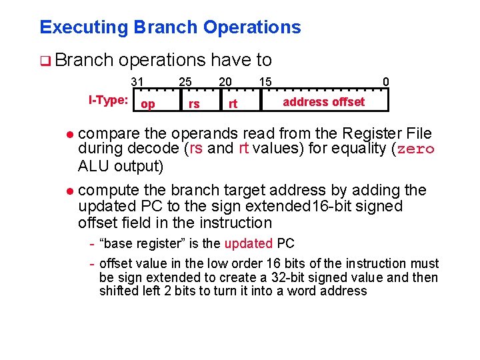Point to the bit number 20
tap(226, 82)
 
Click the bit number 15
tap(265, 82)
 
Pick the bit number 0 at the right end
tap(386, 82)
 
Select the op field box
tap(149, 104)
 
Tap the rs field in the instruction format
tap(194, 104)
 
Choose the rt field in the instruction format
tap(233, 104)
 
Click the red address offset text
tap(323, 101)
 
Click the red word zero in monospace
tap(416, 149)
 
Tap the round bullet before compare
tap(70, 134)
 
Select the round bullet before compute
tap(70, 191)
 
